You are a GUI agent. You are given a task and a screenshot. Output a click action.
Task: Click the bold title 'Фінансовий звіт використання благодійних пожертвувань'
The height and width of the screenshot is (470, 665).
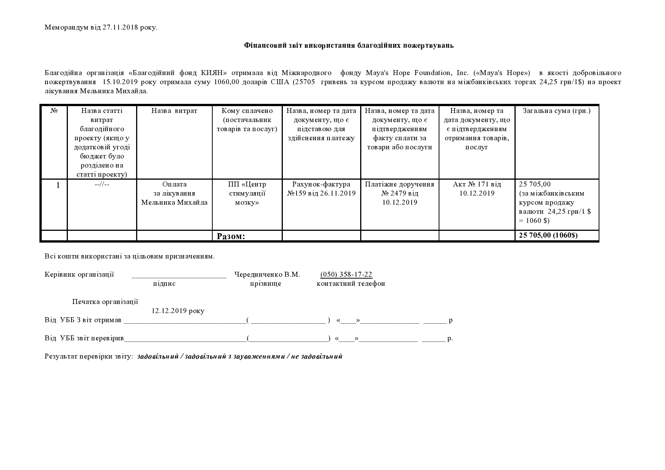click(349, 45)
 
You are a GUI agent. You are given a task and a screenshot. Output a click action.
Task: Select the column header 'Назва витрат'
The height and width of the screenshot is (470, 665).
click(174, 111)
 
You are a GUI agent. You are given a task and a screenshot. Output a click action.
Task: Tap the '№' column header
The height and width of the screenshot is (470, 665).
click(54, 111)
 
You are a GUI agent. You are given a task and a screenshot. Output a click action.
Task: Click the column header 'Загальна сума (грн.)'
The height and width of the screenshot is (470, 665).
click(557, 111)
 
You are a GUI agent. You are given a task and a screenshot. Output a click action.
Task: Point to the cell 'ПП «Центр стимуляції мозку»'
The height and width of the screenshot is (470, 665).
click(247, 193)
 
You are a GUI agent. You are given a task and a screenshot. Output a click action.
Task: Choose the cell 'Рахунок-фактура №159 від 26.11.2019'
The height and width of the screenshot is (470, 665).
click(321, 189)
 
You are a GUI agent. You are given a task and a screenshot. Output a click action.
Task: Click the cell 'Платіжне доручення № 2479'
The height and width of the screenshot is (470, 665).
click(400, 193)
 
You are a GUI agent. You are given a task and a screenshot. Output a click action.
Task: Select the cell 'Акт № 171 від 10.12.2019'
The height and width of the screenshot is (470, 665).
click(477, 189)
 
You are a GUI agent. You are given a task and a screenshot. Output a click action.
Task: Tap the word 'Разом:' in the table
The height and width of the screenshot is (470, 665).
click(231, 236)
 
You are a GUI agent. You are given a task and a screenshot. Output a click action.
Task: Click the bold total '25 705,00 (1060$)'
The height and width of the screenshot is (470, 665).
click(548, 235)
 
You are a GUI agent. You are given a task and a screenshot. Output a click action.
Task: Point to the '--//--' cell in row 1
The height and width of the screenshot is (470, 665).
click(102, 185)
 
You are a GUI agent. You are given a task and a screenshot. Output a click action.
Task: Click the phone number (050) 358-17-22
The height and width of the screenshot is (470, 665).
click(346, 274)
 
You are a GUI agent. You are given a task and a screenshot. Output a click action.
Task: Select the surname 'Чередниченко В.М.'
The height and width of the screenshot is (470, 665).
click(267, 274)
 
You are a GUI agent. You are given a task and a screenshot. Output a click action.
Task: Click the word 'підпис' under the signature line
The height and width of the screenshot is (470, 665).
click(164, 284)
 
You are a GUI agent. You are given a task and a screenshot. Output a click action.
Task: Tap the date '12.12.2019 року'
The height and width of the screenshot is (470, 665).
click(178, 311)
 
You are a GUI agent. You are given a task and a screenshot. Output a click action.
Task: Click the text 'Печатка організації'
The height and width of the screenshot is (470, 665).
click(105, 302)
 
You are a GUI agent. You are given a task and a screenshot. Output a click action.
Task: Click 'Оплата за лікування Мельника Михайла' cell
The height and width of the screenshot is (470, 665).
click(174, 193)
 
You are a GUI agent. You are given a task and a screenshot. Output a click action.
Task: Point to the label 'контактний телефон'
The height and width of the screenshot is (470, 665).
click(351, 284)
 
